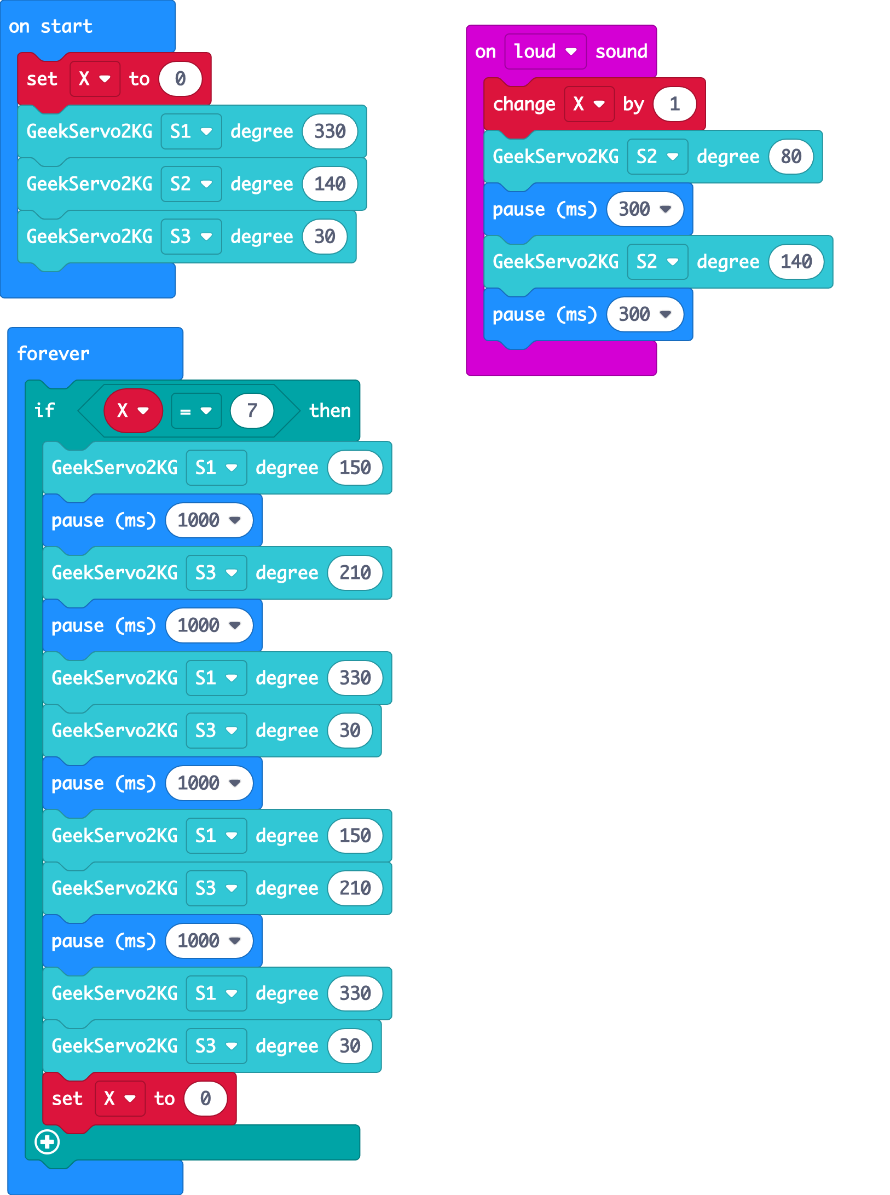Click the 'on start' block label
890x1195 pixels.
[x=50, y=26]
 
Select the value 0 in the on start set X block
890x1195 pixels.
[x=180, y=79]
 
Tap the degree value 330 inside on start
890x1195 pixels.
[x=330, y=131]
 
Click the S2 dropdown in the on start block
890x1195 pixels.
[x=191, y=184]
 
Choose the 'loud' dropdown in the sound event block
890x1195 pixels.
[x=545, y=51]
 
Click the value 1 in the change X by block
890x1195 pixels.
[x=674, y=104]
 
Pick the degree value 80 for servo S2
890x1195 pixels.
[x=791, y=157]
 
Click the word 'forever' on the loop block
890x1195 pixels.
[x=53, y=353]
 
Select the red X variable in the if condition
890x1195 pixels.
[x=133, y=411]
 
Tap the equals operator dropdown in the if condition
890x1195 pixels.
[x=196, y=411]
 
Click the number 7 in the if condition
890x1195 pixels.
[x=252, y=411]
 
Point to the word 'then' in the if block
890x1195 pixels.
[x=330, y=411]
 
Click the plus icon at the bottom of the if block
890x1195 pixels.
[x=47, y=1142]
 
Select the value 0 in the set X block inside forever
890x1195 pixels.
[x=205, y=1099]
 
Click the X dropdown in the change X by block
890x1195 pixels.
[x=589, y=104]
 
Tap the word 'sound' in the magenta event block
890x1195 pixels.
[x=621, y=51]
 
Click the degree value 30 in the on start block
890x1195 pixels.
[x=325, y=237]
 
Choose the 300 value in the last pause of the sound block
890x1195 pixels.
[x=644, y=314]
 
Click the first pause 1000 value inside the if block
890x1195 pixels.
[x=209, y=520]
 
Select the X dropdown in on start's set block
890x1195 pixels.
[x=95, y=79]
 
